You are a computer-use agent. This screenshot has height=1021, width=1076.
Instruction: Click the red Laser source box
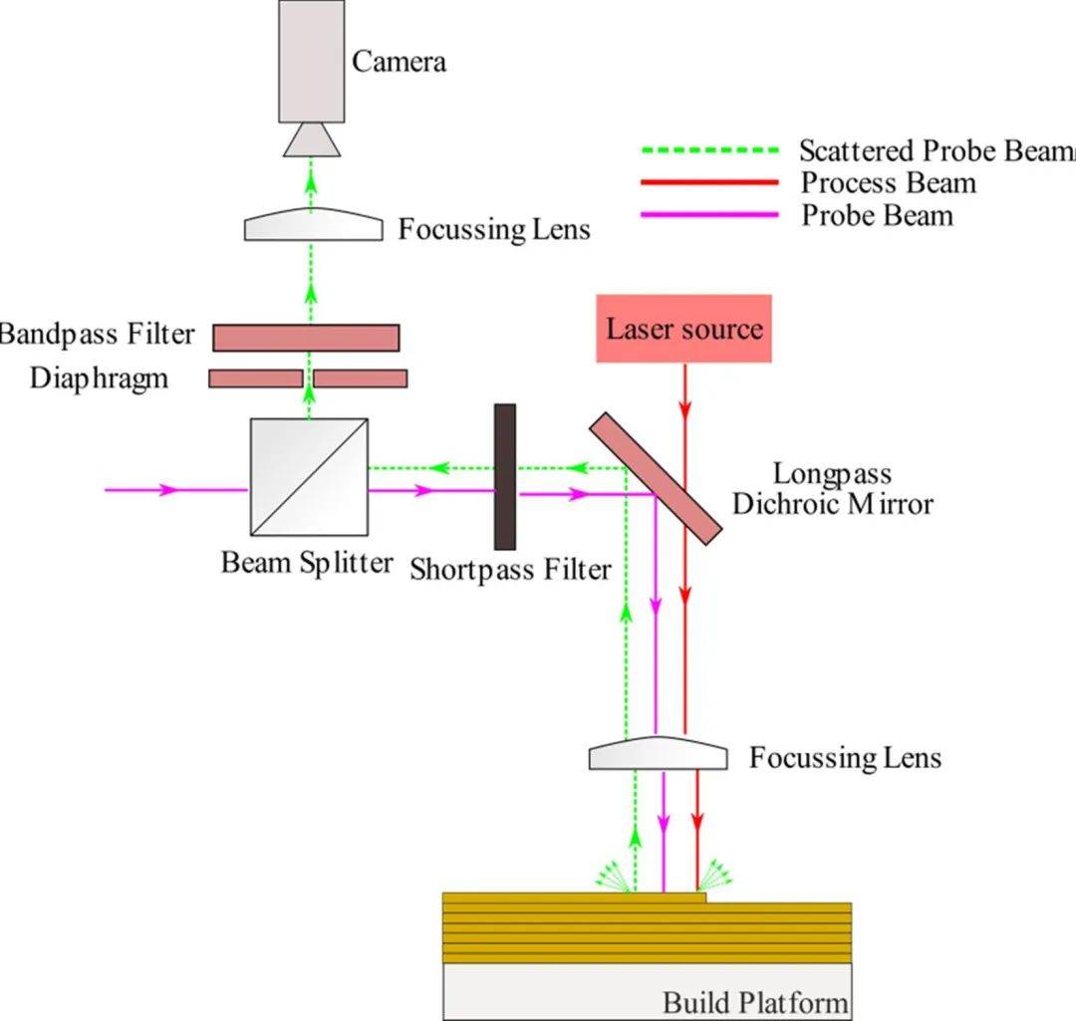(684, 328)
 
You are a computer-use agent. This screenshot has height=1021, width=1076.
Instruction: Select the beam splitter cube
(308, 477)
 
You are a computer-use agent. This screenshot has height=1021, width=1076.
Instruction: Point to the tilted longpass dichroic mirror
(655, 479)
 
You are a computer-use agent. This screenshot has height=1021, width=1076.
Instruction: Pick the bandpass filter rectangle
(306, 338)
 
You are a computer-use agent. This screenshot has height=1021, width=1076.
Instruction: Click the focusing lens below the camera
(313, 225)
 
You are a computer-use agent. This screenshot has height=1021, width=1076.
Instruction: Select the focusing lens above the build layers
(658, 753)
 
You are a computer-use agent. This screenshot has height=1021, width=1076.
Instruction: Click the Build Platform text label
(755, 1001)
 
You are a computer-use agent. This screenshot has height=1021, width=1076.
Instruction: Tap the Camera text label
(399, 62)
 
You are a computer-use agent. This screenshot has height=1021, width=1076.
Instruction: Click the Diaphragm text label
(99, 379)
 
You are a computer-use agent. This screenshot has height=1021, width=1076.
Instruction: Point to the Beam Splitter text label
(307, 563)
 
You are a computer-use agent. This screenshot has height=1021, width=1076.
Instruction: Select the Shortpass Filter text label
(510, 570)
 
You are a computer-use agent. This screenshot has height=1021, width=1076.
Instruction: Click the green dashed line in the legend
(708, 151)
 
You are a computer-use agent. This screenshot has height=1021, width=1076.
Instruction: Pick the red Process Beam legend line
(708, 182)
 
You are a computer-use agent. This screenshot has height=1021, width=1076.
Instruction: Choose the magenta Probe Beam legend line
(708, 213)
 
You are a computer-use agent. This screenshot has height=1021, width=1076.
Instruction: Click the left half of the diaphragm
(255, 379)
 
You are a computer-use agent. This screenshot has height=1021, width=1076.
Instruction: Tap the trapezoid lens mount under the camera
(312, 139)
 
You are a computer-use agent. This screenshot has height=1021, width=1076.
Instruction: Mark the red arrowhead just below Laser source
(685, 409)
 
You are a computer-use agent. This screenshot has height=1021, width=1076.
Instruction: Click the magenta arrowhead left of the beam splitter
(169, 490)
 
